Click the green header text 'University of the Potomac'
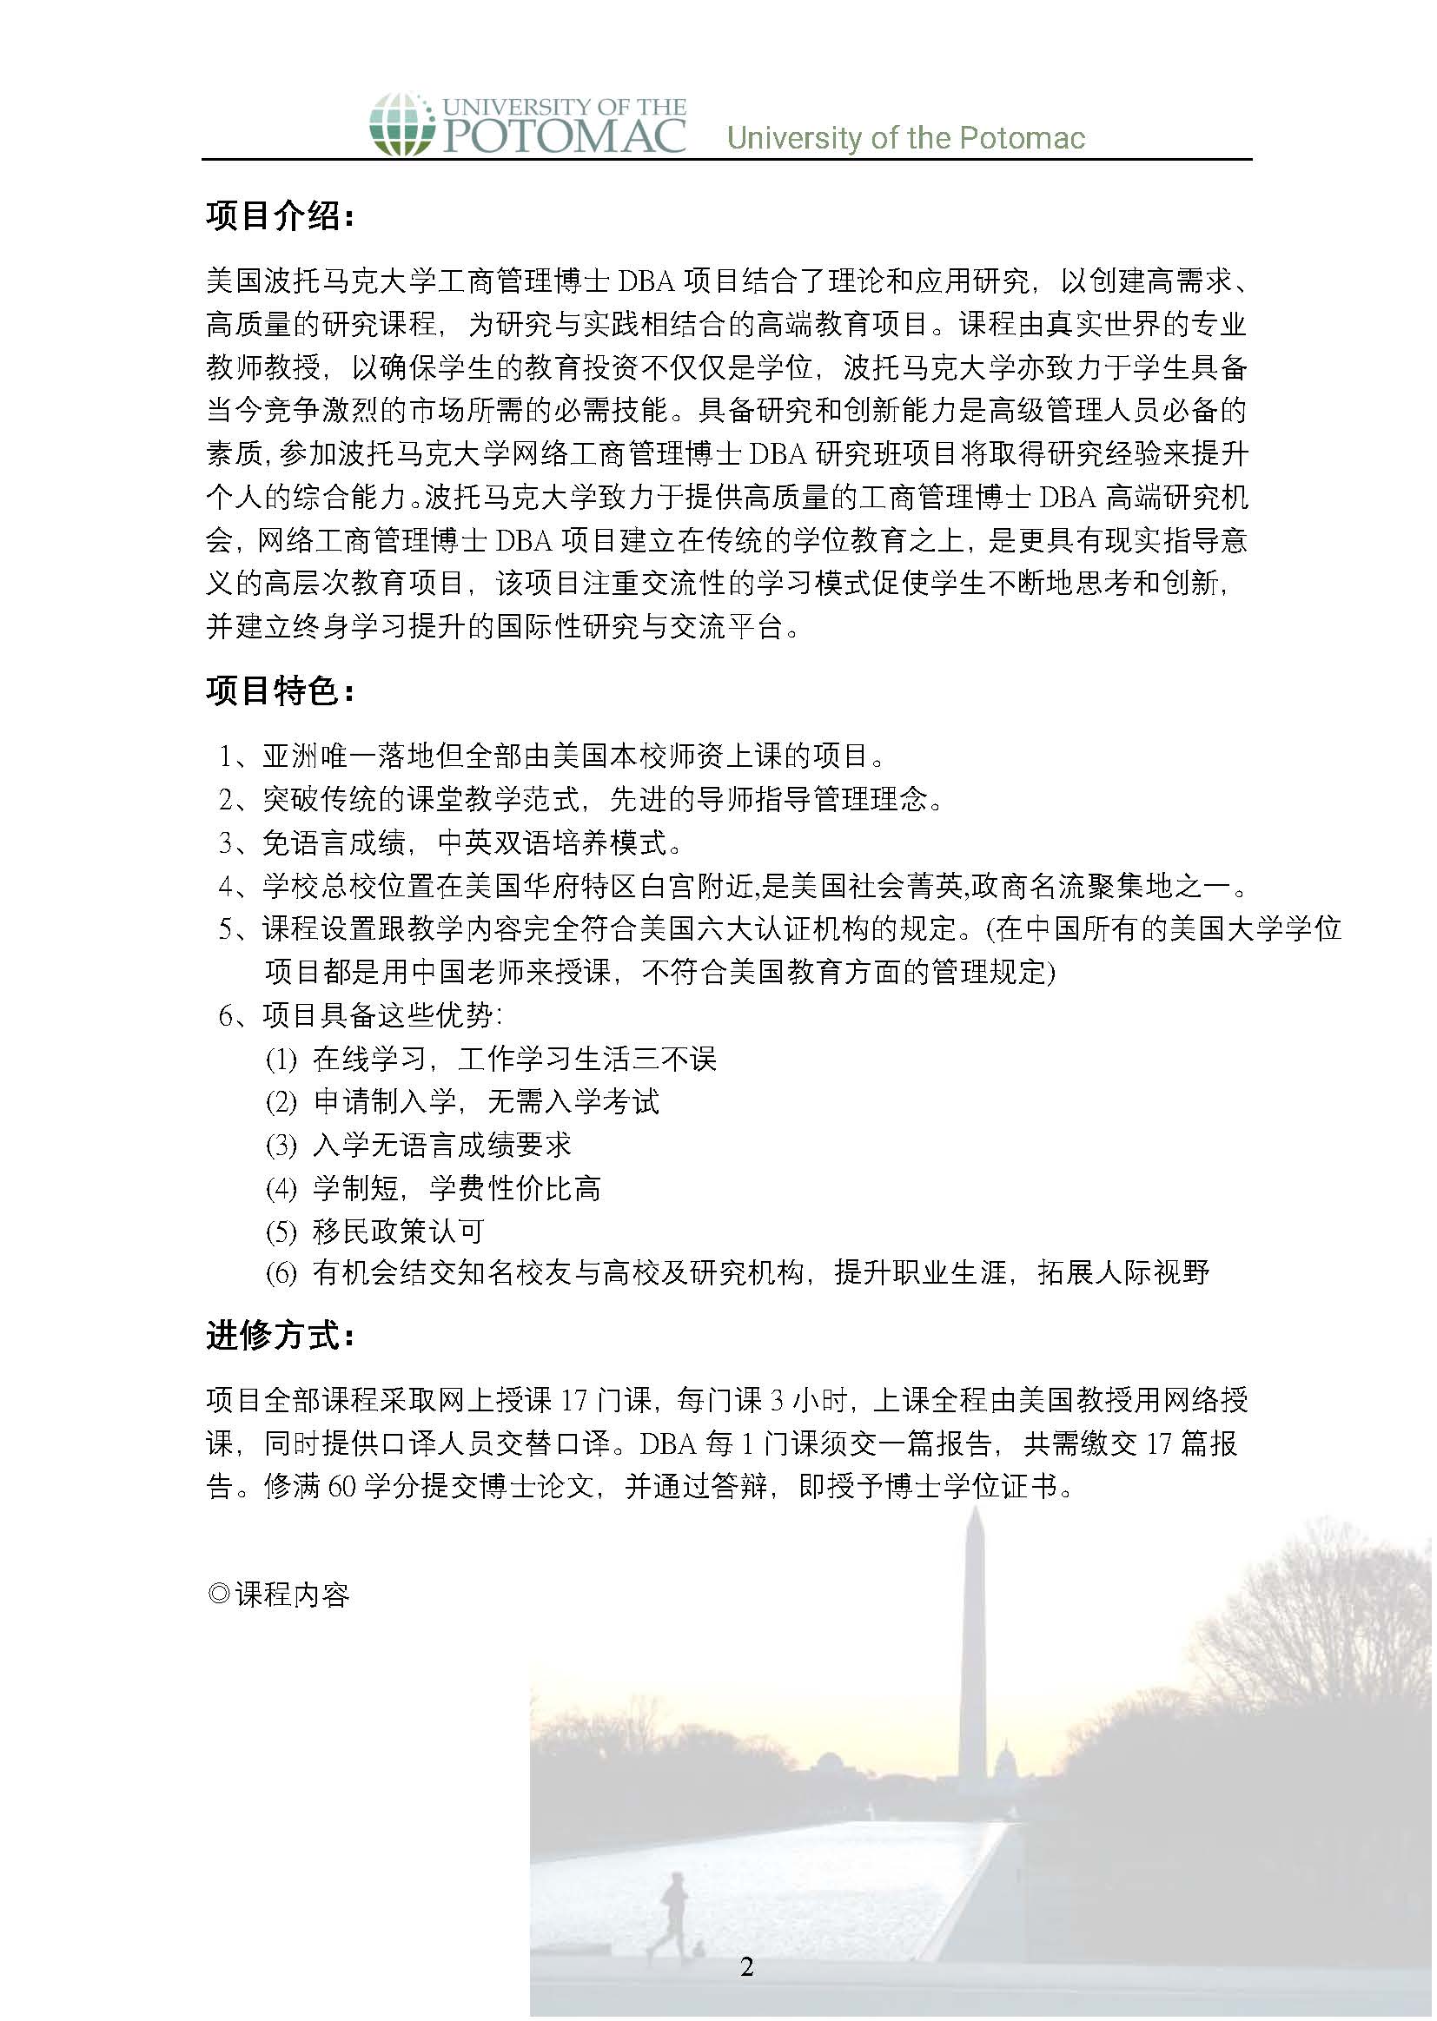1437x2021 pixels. click(905, 138)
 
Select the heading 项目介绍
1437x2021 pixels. click(280, 215)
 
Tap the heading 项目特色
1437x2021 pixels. click(280, 690)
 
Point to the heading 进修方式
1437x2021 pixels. click(280, 1336)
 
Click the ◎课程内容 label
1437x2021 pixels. click(279, 1595)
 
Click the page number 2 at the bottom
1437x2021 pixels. click(747, 1966)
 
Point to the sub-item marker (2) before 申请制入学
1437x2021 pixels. click(281, 1102)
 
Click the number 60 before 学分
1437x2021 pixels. click(341, 1487)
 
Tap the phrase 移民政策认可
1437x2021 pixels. click(398, 1232)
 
